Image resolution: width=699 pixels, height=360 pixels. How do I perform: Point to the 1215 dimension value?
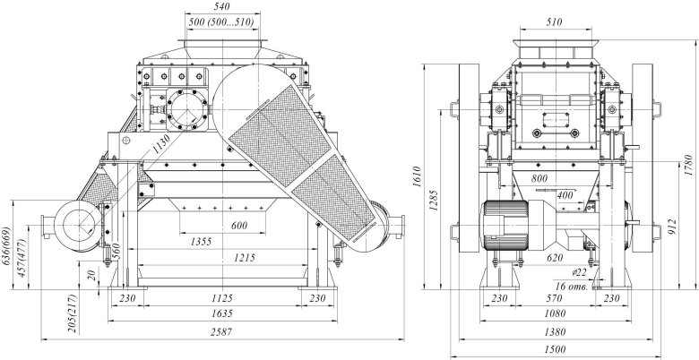coord(242,258)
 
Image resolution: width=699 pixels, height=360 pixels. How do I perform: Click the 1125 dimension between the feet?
coord(221,298)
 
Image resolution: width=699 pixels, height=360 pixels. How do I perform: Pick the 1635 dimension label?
coord(221,314)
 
